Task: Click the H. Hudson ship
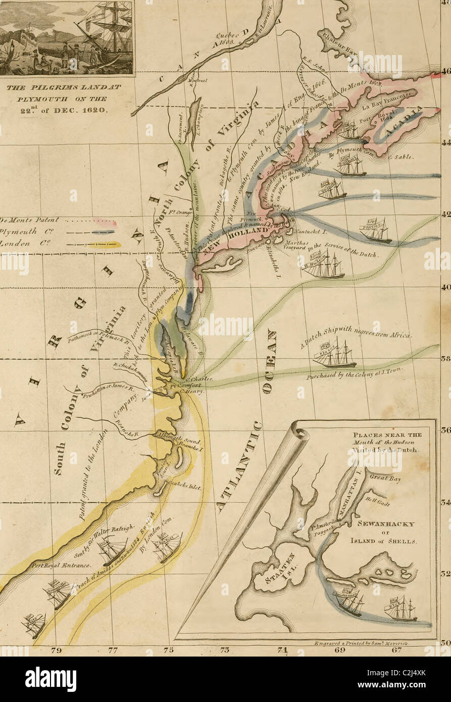[x=323, y=266]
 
